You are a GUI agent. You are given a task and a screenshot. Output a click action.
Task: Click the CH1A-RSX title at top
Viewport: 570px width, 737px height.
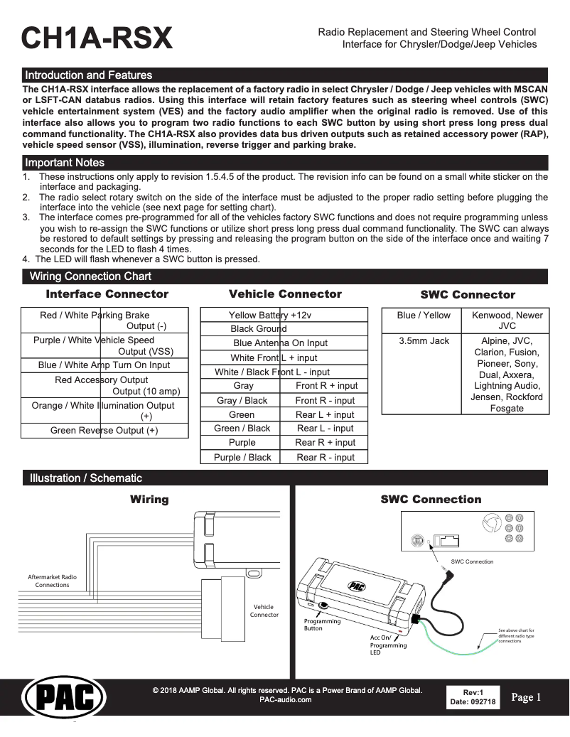point(97,39)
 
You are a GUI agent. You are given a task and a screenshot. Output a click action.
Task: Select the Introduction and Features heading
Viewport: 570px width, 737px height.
point(88,75)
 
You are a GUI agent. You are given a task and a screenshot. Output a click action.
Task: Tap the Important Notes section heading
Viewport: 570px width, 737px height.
point(65,162)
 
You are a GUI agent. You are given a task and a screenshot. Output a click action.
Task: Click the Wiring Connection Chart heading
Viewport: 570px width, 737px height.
point(90,276)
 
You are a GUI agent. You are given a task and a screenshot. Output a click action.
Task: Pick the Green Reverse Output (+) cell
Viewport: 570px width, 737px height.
point(104,431)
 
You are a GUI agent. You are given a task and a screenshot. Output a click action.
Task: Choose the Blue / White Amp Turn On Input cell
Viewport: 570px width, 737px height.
point(104,365)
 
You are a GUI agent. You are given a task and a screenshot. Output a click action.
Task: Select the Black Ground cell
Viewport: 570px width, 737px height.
point(259,329)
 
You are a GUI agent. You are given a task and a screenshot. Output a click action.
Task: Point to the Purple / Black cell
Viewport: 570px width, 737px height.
point(242,457)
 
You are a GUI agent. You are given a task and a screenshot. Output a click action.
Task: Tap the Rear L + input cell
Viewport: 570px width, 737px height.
point(325,414)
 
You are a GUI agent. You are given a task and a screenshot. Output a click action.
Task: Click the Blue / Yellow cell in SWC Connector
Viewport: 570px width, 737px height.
point(424,315)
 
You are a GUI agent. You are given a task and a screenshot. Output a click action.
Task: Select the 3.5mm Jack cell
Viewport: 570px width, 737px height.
point(424,341)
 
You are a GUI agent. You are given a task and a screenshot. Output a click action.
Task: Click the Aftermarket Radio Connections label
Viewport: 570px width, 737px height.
point(52,581)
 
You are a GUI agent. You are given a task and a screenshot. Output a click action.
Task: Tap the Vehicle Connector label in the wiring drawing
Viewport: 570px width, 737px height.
point(264,610)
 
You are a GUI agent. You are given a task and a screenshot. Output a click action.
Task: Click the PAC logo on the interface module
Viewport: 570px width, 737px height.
point(355,586)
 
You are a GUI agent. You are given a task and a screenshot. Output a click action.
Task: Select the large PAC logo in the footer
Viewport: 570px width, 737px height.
point(65,700)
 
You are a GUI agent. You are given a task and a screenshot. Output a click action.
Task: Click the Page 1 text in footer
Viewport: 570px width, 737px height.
point(526,697)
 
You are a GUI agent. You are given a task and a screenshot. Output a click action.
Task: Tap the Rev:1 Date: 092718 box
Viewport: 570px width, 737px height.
point(473,697)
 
